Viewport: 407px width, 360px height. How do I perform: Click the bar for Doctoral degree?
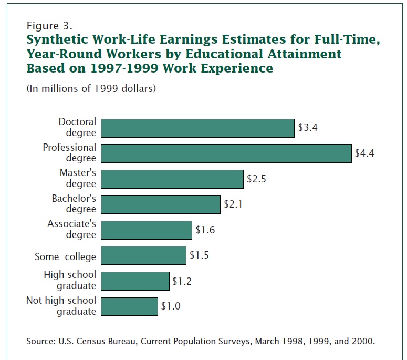click(x=197, y=128)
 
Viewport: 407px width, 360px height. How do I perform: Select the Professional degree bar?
click(x=226, y=153)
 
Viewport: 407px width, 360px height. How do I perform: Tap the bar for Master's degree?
click(x=172, y=179)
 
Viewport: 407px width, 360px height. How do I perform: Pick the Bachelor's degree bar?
click(x=161, y=204)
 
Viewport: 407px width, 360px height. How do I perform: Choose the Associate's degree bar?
click(x=147, y=230)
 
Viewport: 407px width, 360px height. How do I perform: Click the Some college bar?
click(x=143, y=255)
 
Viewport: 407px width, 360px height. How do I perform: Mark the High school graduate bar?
click(x=135, y=281)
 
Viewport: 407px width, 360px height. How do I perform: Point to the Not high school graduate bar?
click(x=129, y=306)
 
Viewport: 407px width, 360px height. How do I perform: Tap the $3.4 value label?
click(x=308, y=128)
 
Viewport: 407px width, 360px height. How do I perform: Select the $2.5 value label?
click(x=257, y=179)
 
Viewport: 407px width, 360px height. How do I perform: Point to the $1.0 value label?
click(x=171, y=306)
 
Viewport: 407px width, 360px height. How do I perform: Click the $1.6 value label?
click(x=205, y=230)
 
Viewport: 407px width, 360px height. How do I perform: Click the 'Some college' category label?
click(x=65, y=256)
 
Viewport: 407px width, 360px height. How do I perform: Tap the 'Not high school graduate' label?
click(x=61, y=306)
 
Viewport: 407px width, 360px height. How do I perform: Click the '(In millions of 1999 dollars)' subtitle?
click(x=91, y=89)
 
